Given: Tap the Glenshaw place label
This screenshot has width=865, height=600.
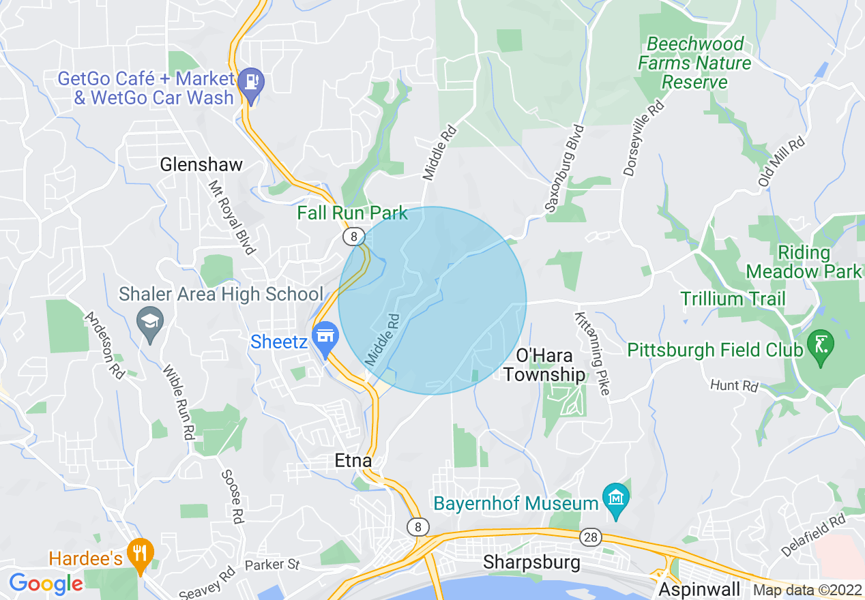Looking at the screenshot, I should pos(201,164).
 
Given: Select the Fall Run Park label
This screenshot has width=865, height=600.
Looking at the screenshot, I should pos(352,213).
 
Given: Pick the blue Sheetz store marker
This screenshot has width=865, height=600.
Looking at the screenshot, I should pos(326,337).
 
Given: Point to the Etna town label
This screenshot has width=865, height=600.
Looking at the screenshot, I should pos(353,461).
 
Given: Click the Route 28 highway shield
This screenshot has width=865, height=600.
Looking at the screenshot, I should pos(590,538).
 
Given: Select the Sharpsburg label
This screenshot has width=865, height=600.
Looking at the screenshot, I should pos(531,562).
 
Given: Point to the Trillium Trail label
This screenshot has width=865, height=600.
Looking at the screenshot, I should pos(733,299).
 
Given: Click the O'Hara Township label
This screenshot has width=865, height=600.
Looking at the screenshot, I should pos(544,365).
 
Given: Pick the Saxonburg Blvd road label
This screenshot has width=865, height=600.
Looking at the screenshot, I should pos(563,168).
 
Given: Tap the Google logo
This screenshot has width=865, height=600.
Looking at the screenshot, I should pos(46,584).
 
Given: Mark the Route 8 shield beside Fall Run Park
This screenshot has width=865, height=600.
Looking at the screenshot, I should pos(352,237).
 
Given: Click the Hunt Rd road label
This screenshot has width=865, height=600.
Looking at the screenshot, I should pos(734,386).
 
